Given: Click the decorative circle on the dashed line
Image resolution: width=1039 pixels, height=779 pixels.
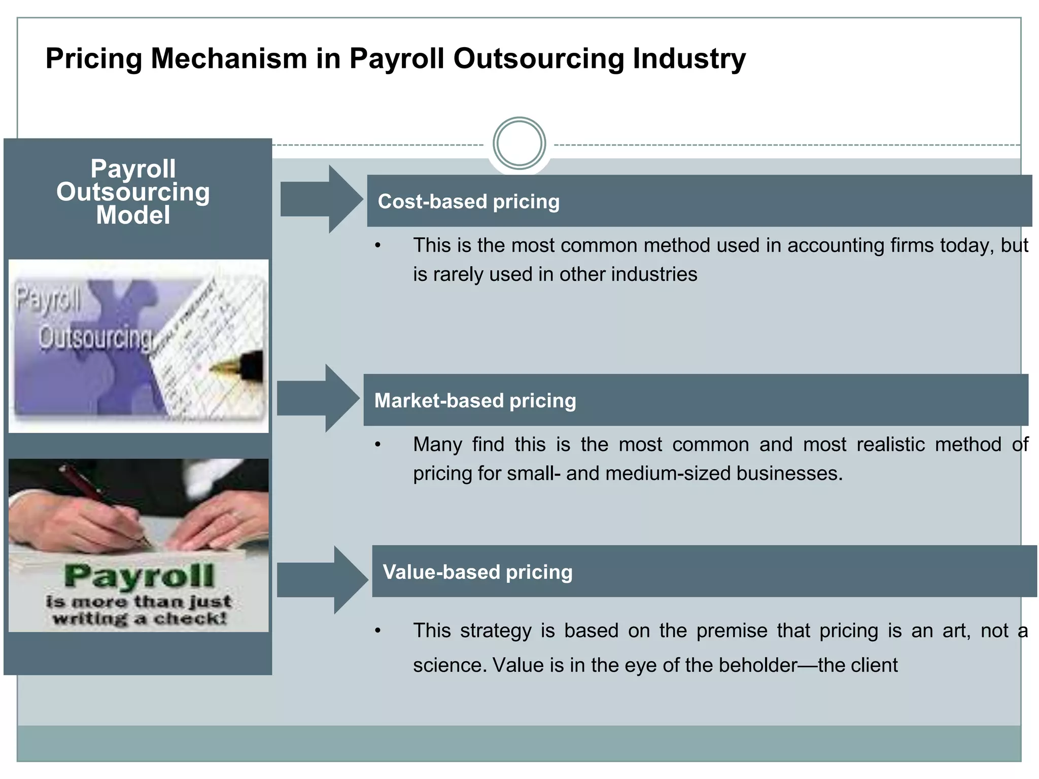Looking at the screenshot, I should (519, 143).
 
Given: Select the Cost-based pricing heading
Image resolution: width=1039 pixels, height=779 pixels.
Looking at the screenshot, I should (468, 201).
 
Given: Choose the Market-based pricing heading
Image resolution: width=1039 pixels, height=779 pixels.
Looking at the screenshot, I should (475, 401).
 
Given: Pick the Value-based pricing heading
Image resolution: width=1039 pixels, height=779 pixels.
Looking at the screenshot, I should (477, 572).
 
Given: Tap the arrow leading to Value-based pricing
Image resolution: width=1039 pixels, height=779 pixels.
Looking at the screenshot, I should (322, 580).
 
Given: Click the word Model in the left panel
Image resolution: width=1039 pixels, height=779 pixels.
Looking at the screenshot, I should (133, 215).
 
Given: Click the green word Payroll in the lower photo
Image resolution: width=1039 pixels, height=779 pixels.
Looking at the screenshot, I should (139, 576).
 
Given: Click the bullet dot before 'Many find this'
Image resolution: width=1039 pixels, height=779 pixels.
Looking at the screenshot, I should (377, 445).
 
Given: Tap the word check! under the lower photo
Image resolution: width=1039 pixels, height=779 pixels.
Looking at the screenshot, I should (190, 619).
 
